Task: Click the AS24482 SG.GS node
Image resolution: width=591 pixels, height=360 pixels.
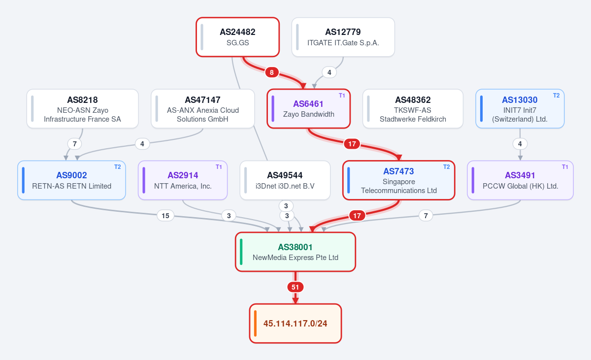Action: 237,37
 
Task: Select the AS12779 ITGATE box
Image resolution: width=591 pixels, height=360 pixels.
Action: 343,37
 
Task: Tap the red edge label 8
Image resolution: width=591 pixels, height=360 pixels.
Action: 272,72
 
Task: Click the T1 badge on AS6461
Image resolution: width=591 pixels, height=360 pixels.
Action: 342,96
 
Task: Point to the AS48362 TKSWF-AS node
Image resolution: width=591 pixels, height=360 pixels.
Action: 413,109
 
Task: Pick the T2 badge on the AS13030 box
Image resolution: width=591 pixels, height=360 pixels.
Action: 556,96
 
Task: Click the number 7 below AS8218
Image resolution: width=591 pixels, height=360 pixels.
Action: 75,144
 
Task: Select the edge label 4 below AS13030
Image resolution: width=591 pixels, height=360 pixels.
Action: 520,144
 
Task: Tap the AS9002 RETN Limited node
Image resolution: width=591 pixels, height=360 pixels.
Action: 71,180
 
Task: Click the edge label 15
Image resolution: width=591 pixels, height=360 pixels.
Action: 165,216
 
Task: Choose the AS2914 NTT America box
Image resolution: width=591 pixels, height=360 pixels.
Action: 183,180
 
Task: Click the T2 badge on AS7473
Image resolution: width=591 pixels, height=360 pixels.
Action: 446,167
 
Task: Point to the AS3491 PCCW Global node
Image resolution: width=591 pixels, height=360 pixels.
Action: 520,180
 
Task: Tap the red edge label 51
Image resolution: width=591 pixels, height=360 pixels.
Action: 295,287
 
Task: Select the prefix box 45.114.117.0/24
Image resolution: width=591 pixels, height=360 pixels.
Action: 295,324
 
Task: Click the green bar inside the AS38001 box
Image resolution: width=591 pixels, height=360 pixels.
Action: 241,252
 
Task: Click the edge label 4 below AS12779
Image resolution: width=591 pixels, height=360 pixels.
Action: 329,72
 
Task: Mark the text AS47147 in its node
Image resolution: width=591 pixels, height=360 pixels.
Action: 202,100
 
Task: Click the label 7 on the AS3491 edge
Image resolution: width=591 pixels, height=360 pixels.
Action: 426,216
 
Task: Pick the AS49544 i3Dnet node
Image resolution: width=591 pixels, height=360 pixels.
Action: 285,180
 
